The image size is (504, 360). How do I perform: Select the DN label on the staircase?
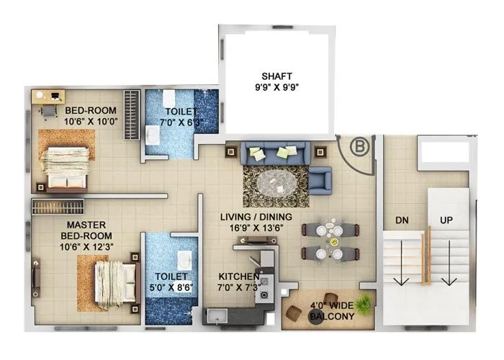click(x=402, y=220)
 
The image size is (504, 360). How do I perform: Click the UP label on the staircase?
click(x=446, y=220)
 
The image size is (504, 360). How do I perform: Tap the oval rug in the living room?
click(x=274, y=185)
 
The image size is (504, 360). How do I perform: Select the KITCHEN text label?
click(x=239, y=276)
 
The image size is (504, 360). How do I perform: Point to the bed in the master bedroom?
click(x=113, y=282)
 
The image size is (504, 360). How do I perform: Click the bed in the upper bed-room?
click(x=67, y=162)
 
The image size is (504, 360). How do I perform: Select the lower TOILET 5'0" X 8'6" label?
click(x=171, y=281)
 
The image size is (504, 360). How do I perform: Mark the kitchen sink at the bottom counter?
click(x=217, y=315)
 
